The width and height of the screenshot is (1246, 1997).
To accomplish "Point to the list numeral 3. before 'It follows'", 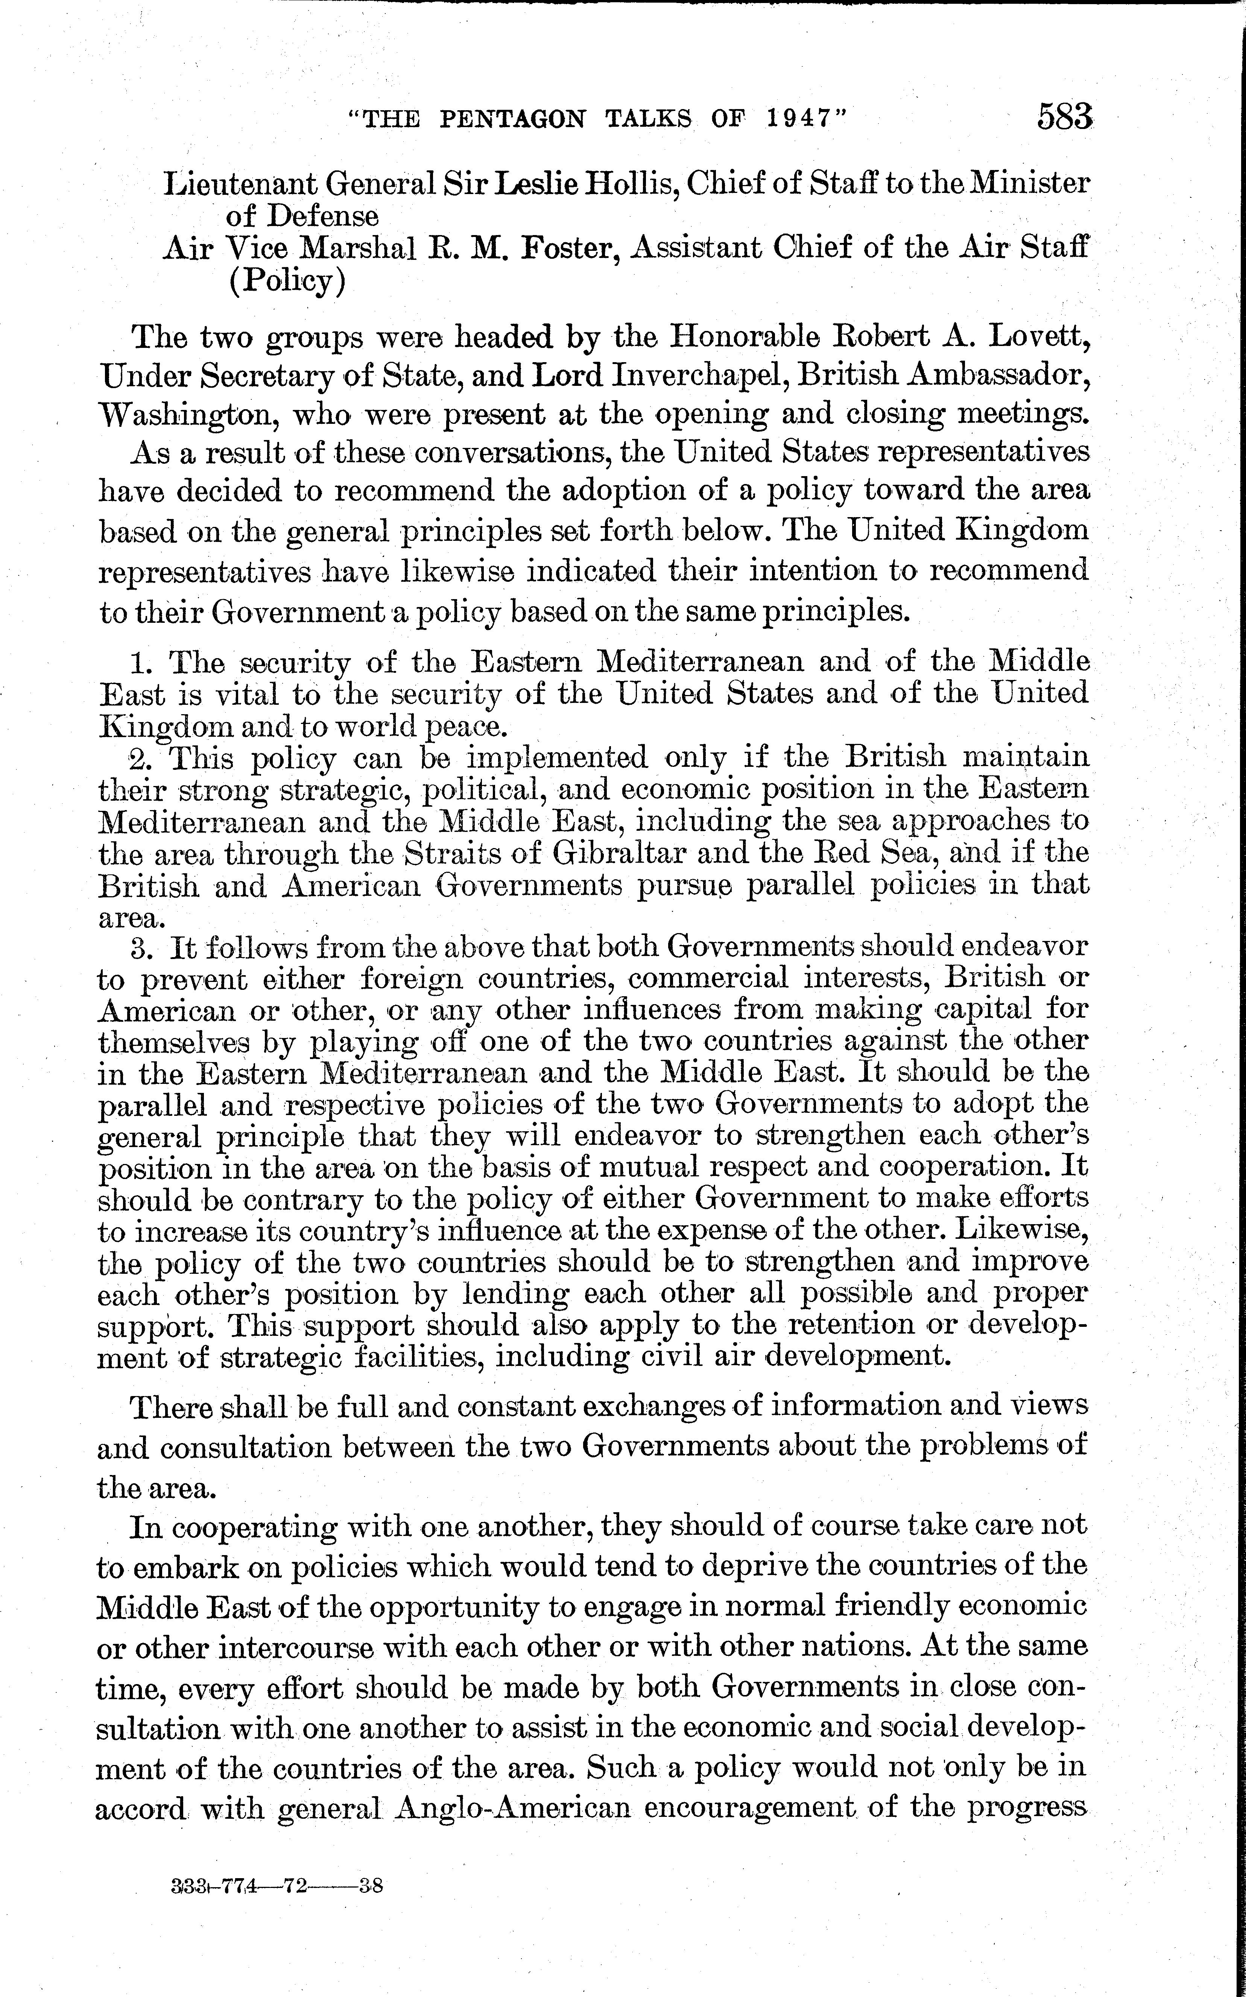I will [x=143, y=947].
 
